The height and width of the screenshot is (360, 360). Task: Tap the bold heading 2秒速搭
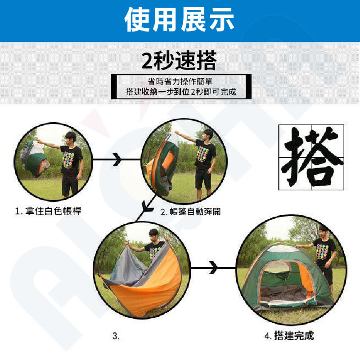(179, 61)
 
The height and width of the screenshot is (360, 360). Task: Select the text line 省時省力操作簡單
(180, 81)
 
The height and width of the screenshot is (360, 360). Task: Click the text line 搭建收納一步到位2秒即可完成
(181, 92)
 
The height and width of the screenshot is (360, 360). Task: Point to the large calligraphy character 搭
(311, 157)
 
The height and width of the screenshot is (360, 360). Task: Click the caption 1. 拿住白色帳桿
(48, 211)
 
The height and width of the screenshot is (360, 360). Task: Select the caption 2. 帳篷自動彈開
(190, 212)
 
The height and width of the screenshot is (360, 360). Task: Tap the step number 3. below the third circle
(116, 336)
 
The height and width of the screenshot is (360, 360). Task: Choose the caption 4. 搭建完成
(289, 336)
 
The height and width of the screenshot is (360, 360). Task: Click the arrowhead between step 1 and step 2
(117, 160)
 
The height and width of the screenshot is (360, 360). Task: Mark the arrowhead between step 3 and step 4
(213, 267)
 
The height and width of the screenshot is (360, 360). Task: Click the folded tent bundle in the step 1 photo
(35, 158)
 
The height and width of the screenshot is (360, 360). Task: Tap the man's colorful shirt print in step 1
(68, 160)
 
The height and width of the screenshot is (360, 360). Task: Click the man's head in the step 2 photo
(208, 134)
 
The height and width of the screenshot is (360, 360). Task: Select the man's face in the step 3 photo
(153, 236)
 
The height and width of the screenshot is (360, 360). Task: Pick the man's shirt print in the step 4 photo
(323, 252)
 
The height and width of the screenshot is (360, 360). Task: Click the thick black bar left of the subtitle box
(114, 87)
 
